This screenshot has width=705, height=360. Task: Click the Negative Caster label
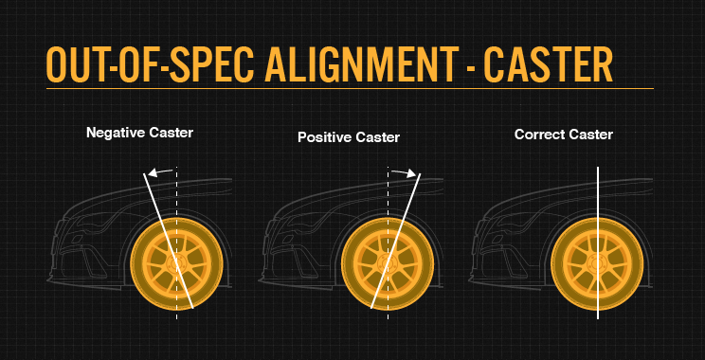(139, 133)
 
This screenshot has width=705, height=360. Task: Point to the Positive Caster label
(348, 138)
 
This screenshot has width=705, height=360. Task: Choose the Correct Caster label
(563, 135)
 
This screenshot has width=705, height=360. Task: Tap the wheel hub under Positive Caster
(388, 262)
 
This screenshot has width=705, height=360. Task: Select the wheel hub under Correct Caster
(598, 262)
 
